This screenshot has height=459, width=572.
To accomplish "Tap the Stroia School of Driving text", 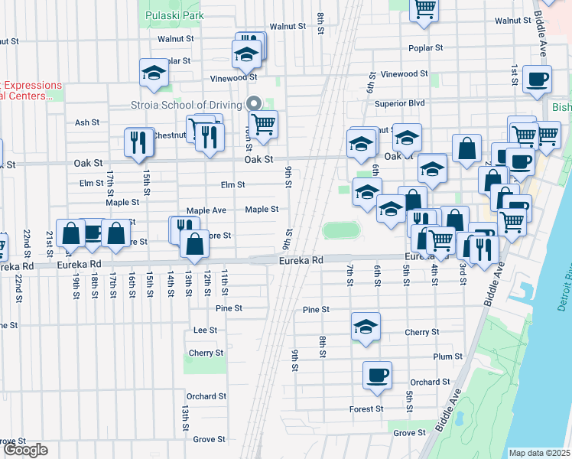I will (186, 105).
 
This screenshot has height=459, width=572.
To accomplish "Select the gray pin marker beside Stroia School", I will (255, 103).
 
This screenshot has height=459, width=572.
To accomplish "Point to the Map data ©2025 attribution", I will (539, 453).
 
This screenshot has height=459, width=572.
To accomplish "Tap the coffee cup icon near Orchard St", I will (377, 375).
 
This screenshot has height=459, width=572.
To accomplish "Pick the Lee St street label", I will (205, 330).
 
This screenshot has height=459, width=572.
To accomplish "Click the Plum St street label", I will (447, 356).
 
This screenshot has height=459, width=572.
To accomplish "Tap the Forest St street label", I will (366, 409).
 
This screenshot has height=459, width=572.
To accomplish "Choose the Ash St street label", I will (87, 122).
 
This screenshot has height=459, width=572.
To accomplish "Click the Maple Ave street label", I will (206, 210).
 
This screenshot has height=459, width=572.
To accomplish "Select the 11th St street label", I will (225, 282).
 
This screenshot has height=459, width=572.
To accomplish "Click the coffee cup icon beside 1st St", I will (538, 78).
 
